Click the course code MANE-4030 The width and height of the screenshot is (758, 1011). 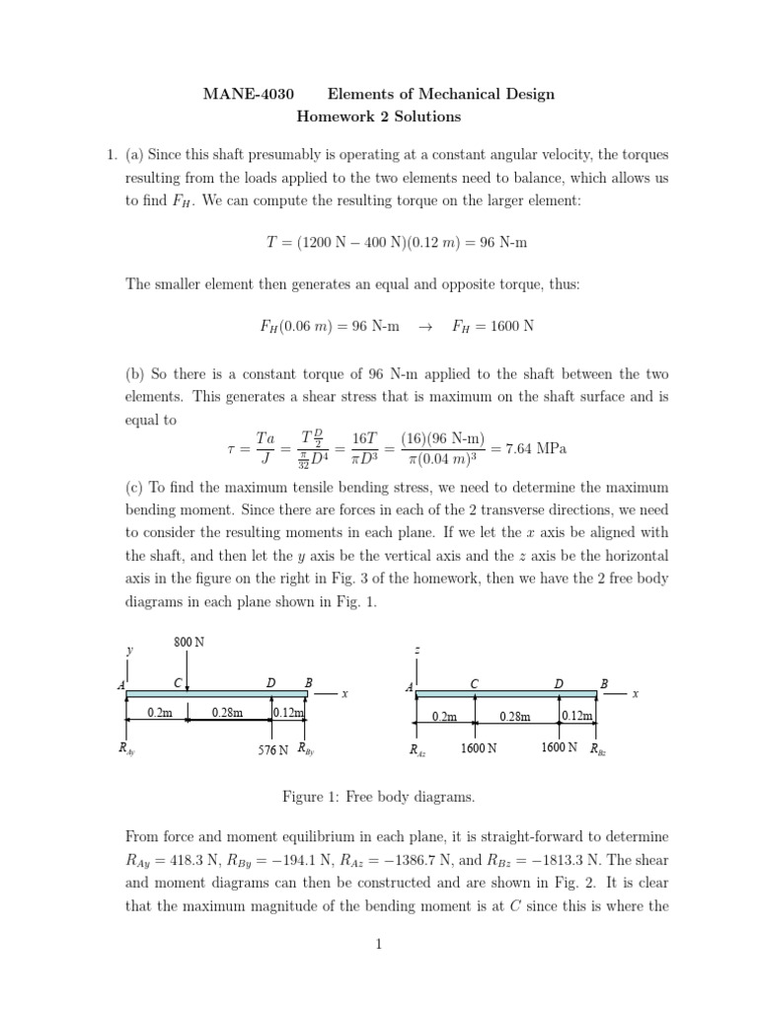point(240,95)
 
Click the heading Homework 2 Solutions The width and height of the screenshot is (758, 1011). point(379,117)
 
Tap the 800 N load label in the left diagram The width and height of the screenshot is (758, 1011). point(189,642)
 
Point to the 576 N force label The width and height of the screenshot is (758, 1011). point(272,749)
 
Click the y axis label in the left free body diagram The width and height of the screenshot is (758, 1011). point(128,651)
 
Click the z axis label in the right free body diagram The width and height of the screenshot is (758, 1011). point(418,651)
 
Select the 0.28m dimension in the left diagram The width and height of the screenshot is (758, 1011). point(228,712)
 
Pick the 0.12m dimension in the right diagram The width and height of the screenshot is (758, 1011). point(577,717)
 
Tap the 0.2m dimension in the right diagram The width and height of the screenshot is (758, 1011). point(444,717)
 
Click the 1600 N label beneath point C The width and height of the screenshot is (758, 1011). point(479,749)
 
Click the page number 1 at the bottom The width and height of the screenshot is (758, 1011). point(378,944)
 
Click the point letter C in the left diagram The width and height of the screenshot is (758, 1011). point(178,683)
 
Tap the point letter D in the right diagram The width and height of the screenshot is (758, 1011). point(559,683)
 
